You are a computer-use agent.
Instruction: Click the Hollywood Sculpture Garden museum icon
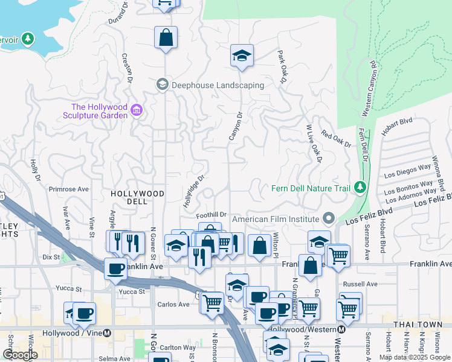pyautogui.click(x=137, y=110)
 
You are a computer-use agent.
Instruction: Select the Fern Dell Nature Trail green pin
pyautogui.click(x=360, y=188)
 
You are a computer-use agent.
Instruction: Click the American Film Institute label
pyautogui.click(x=280, y=219)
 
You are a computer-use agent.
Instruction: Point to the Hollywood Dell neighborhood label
pyautogui.click(x=137, y=197)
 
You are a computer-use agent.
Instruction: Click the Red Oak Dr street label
pyautogui.click(x=336, y=138)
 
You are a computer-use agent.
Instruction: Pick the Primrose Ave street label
pyautogui.click(x=69, y=189)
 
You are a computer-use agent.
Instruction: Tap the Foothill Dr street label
pyautogui.click(x=211, y=214)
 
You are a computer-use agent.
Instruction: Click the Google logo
pyautogui.click(x=20, y=355)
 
